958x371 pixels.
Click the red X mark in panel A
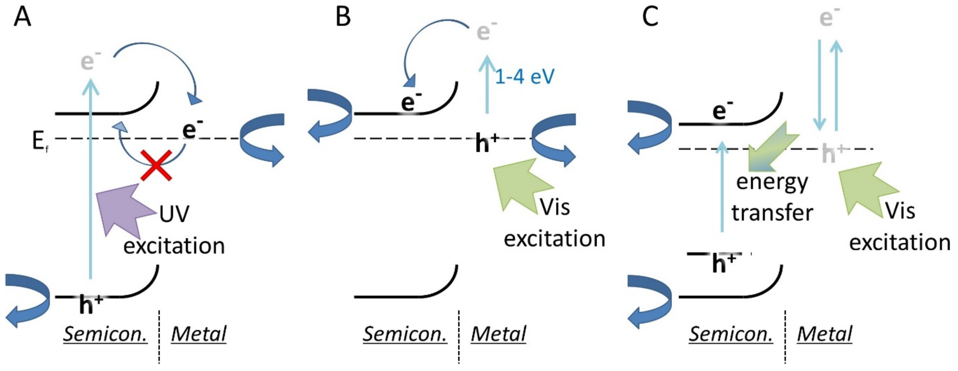coord(156,165)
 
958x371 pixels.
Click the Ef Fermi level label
coord(39,142)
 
